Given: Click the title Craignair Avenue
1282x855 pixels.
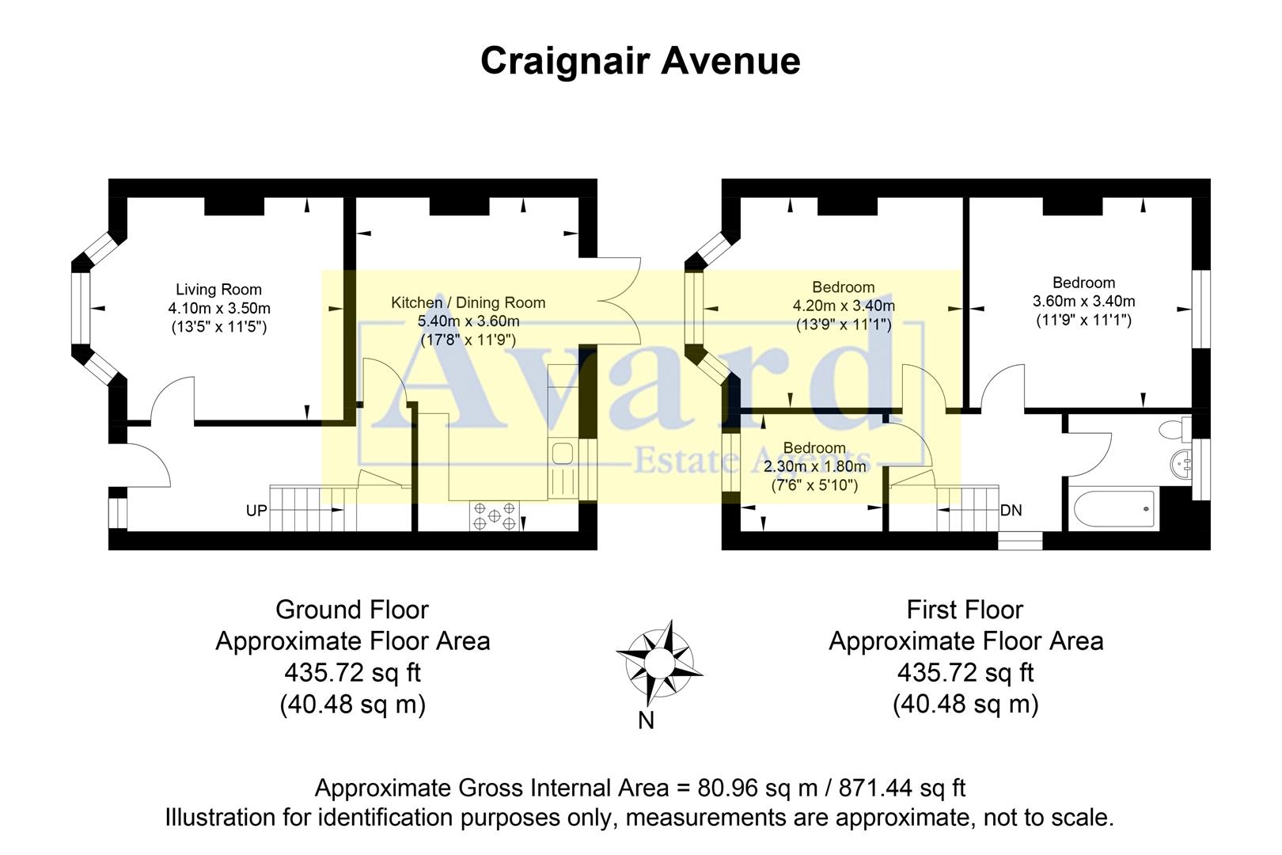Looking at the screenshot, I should (640, 62).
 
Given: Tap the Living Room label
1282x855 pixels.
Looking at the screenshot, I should (218, 290).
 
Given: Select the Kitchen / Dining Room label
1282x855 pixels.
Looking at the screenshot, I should (468, 302).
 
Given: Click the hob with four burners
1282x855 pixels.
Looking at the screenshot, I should (495, 515).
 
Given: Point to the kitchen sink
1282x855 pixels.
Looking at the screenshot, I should (563, 454).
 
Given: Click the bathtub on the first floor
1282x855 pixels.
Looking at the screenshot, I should (1111, 510).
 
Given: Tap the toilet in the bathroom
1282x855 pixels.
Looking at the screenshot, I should (1174, 430).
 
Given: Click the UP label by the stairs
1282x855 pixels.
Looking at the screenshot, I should (256, 511).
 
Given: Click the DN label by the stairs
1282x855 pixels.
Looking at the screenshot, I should (1011, 511).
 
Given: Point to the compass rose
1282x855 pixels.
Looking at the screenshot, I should (658, 662).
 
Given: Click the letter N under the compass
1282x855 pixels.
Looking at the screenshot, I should (646, 721).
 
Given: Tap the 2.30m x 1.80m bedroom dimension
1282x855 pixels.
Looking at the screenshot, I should (814, 467).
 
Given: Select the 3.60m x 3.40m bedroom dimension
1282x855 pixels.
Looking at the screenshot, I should (1083, 302).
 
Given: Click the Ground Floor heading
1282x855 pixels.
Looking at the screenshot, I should (352, 610).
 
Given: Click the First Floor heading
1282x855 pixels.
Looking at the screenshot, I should (965, 610).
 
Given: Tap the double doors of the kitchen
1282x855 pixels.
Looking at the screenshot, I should (619, 301).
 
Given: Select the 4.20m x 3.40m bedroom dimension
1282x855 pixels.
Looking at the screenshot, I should (844, 306).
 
